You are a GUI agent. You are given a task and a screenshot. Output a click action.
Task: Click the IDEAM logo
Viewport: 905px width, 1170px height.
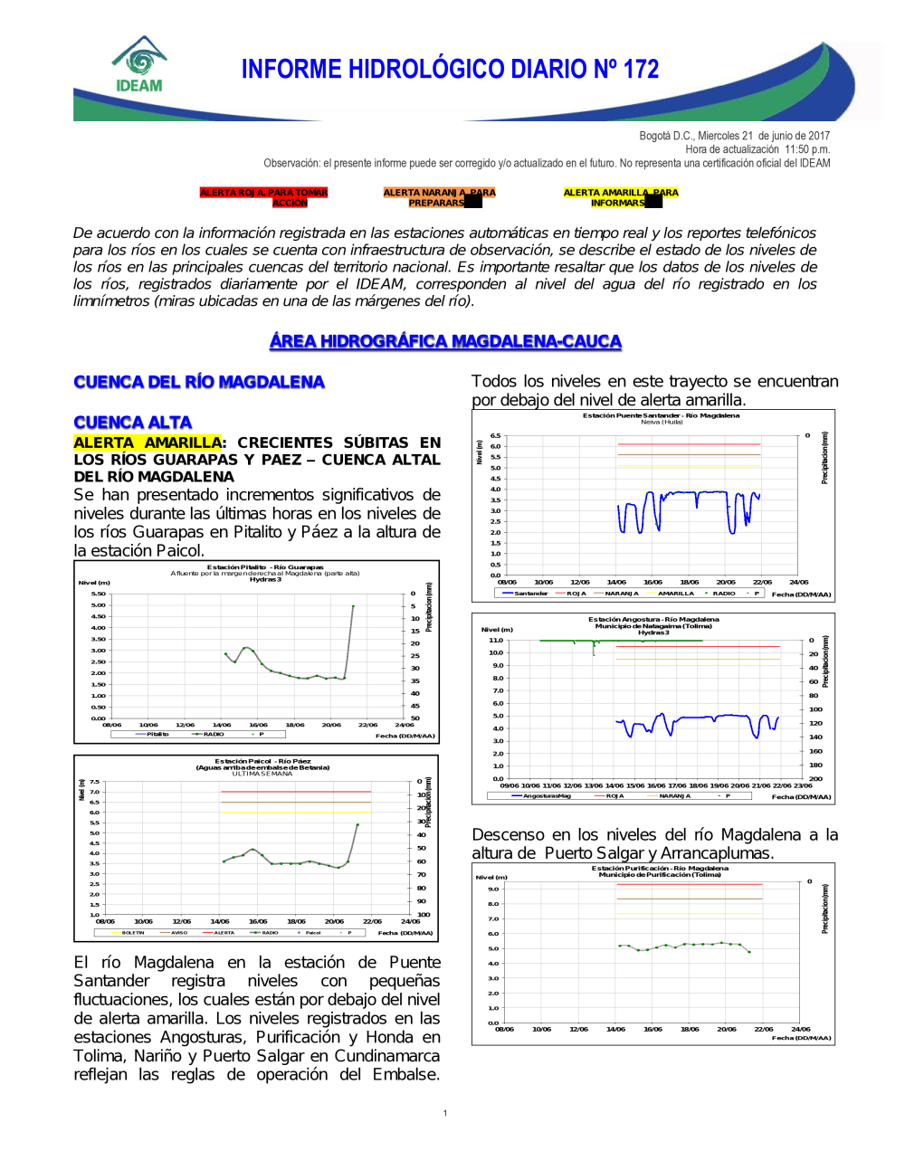(139, 65)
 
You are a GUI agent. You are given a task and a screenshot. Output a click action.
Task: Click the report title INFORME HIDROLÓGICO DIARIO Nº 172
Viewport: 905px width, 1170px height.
(450, 70)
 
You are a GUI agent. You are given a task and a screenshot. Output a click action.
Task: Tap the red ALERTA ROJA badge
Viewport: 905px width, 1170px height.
(263, 197)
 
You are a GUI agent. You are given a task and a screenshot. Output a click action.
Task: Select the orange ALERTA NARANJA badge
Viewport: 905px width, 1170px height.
(439, 197)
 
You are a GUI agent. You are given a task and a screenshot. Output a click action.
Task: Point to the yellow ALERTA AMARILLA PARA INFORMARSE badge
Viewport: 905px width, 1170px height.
(620, 197)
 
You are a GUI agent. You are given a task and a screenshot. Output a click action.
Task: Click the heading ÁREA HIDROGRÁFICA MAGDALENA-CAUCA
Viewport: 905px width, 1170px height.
(445, 341)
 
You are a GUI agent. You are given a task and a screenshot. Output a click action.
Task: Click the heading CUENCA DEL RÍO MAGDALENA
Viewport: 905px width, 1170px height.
(199, 382)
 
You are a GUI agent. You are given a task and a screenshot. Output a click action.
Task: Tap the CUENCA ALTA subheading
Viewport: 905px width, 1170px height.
(133, 423)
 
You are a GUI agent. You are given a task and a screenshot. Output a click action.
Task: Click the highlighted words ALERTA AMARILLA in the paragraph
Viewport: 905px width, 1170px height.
(148, 442)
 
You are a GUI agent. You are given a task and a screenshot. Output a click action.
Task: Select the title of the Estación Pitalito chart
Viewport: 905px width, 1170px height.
(265, 567)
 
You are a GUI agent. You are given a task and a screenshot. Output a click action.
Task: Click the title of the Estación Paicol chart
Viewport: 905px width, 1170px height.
(262, 761)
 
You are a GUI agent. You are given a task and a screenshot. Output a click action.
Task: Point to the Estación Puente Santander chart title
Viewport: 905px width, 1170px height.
(661, 415)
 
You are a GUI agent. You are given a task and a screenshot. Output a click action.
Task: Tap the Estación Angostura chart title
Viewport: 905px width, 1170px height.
(653, 620)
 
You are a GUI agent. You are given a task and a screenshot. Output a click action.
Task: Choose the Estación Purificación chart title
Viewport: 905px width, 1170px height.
(660, 869)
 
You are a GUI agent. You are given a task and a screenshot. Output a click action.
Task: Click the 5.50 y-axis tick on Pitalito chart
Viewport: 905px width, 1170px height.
(98, 594)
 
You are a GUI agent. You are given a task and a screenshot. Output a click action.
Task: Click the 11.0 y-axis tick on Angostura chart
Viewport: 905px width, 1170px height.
(496, 640)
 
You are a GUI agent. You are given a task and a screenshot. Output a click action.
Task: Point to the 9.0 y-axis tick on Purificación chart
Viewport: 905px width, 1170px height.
(493, 889)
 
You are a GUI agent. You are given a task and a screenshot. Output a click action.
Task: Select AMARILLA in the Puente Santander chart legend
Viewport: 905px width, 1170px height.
(675, 594)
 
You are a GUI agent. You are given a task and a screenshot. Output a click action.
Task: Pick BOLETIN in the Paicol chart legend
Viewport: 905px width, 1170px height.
(133, 932)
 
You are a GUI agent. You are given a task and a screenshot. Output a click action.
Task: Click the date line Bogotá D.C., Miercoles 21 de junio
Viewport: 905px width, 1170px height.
(734, 136)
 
